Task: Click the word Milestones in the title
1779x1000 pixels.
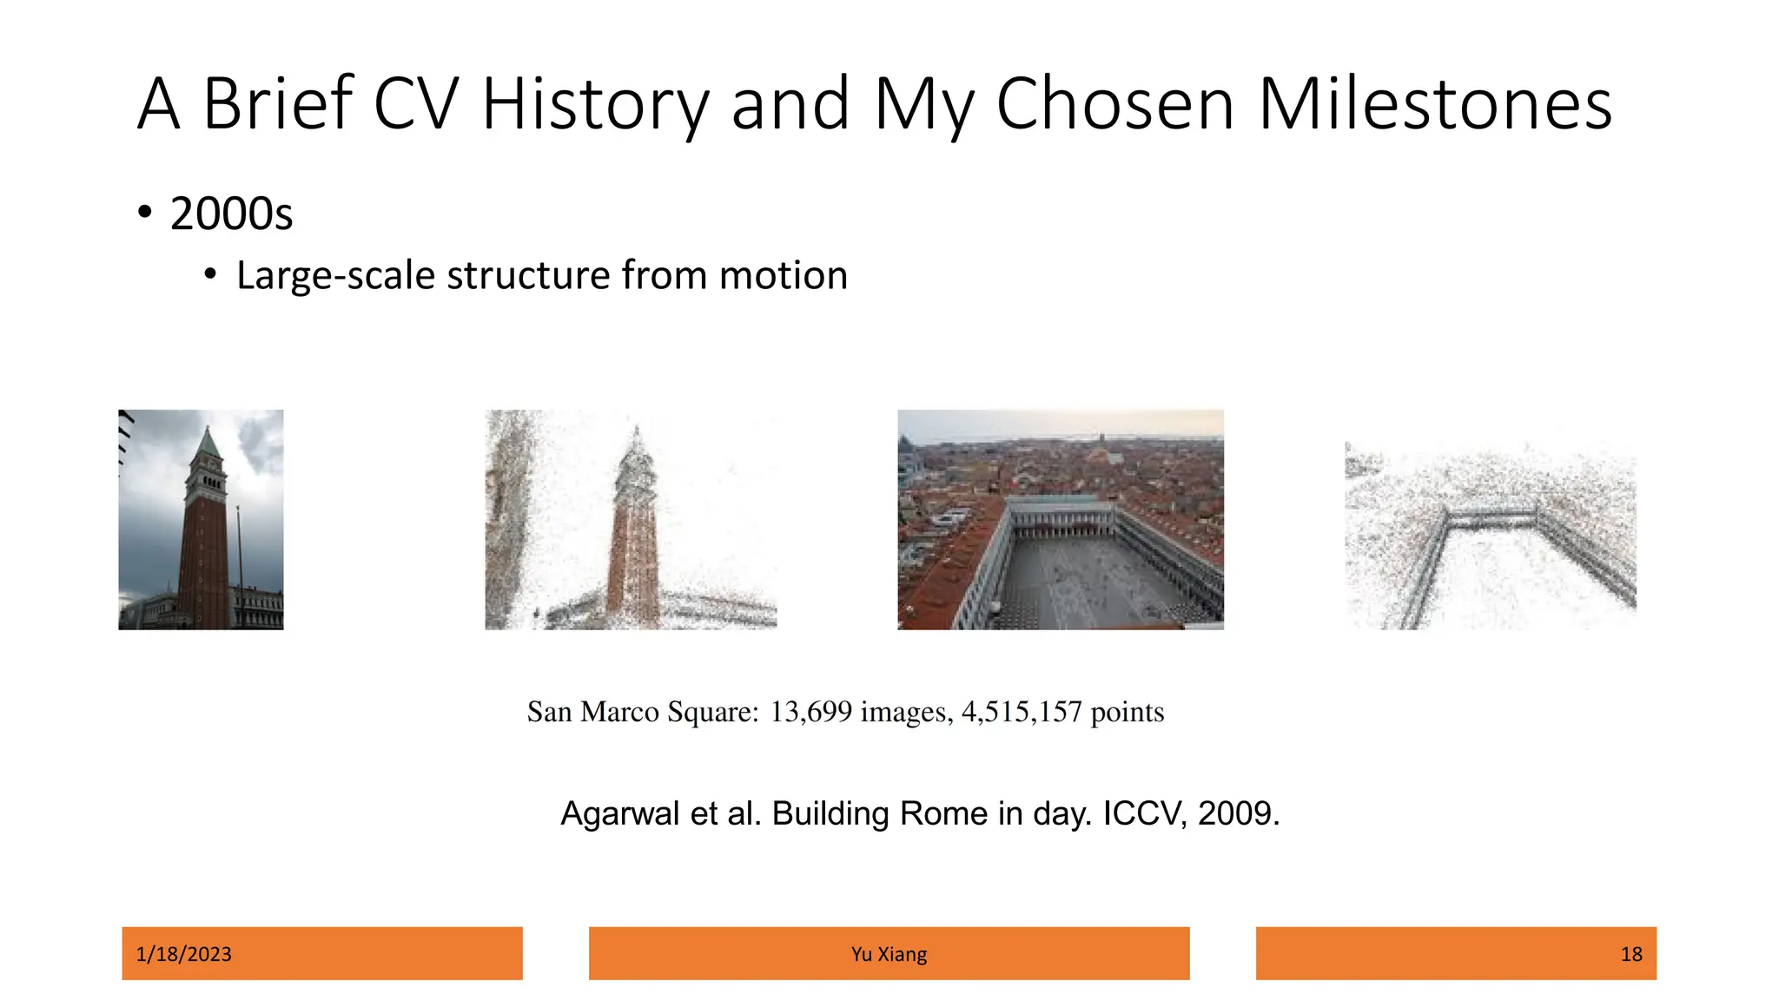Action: (1434, 105)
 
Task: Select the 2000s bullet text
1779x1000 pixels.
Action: (231, 214)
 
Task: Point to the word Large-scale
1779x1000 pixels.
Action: (335, 276)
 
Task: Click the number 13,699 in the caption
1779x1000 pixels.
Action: (810, 712)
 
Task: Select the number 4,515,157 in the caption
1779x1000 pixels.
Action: (1021, 712)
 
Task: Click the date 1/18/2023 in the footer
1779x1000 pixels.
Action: (184, 954)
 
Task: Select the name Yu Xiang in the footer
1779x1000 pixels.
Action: (889, 954)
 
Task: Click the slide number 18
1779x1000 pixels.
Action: (1630, 954)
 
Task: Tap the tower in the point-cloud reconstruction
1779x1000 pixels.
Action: (634, 538)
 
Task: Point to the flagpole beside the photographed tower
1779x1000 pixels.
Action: (240, 556)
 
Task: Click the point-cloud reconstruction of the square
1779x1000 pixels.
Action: (1491, 538)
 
